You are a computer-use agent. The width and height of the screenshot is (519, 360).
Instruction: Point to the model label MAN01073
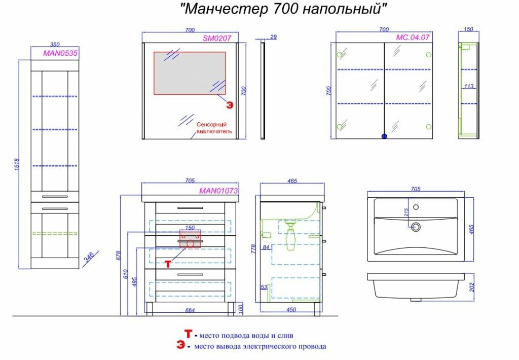(x=218, y=191)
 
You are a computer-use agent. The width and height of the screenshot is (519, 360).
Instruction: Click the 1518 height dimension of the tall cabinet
(x=16, y=164)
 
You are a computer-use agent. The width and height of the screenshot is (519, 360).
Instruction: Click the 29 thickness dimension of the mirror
(x=274, y=37)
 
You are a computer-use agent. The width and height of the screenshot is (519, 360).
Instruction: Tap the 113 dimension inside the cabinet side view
(x=469, y=87)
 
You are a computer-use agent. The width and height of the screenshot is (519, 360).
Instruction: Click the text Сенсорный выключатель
(x=214, y=127)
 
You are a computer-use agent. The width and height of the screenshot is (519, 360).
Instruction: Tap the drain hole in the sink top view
(x=417, y=227)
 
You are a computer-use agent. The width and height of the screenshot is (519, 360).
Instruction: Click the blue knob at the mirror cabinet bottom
(x=384, y=136)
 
